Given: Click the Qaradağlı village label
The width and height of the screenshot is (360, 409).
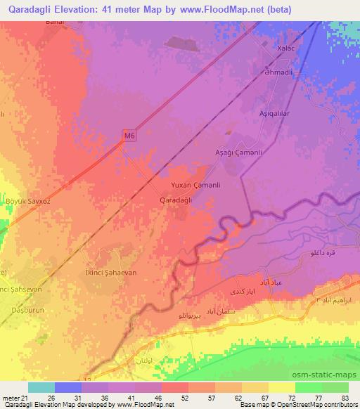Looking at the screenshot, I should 177,200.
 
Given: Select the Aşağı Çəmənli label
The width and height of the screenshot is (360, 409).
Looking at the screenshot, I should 238,152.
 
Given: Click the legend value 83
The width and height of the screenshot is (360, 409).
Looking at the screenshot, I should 343,398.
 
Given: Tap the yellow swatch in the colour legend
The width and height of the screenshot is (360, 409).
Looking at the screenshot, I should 281,387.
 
